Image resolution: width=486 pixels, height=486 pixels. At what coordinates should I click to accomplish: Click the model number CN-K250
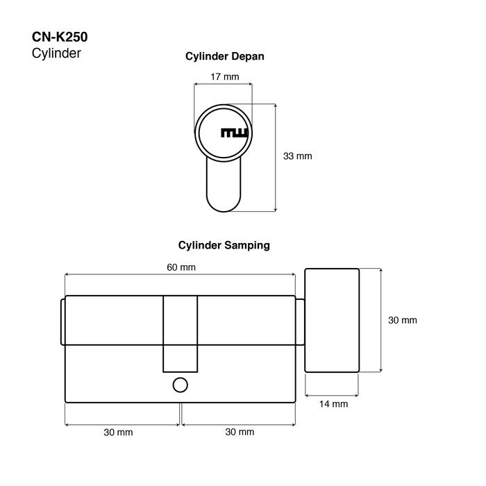click(x=60, y=37)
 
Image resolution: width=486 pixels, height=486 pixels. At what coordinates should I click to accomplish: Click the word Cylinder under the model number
click(x=56, y=53)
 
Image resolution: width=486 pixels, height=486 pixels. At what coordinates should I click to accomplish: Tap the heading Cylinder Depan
click(x=225, y=56)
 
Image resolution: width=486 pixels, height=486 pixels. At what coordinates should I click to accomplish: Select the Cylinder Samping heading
click(x=224, y=245)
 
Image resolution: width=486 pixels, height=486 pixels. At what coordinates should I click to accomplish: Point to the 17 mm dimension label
click(x=225, y=76)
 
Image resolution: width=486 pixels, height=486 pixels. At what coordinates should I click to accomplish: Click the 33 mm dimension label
click(x=298, y=156)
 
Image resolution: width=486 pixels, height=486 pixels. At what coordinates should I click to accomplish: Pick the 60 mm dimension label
click(x=181, y=267)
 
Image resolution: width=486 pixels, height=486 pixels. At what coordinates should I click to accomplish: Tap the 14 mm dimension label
click(x=333, y=404)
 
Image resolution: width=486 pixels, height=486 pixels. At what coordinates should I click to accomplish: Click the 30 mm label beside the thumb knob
click(x=402, y=320)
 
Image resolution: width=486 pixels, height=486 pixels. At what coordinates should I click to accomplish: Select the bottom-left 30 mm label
click(x=118, y=432)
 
